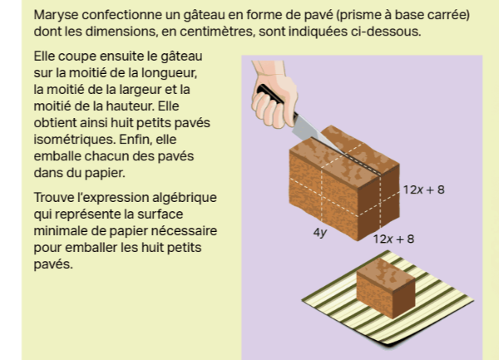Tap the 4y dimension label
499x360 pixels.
click(320, 233)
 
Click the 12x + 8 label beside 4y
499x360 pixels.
click(393, 239)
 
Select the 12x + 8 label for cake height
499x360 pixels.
click(423, 190)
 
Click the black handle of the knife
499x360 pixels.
click(270, 94)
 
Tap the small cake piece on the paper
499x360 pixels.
click(386, 288)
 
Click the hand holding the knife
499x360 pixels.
click(274, 95)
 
